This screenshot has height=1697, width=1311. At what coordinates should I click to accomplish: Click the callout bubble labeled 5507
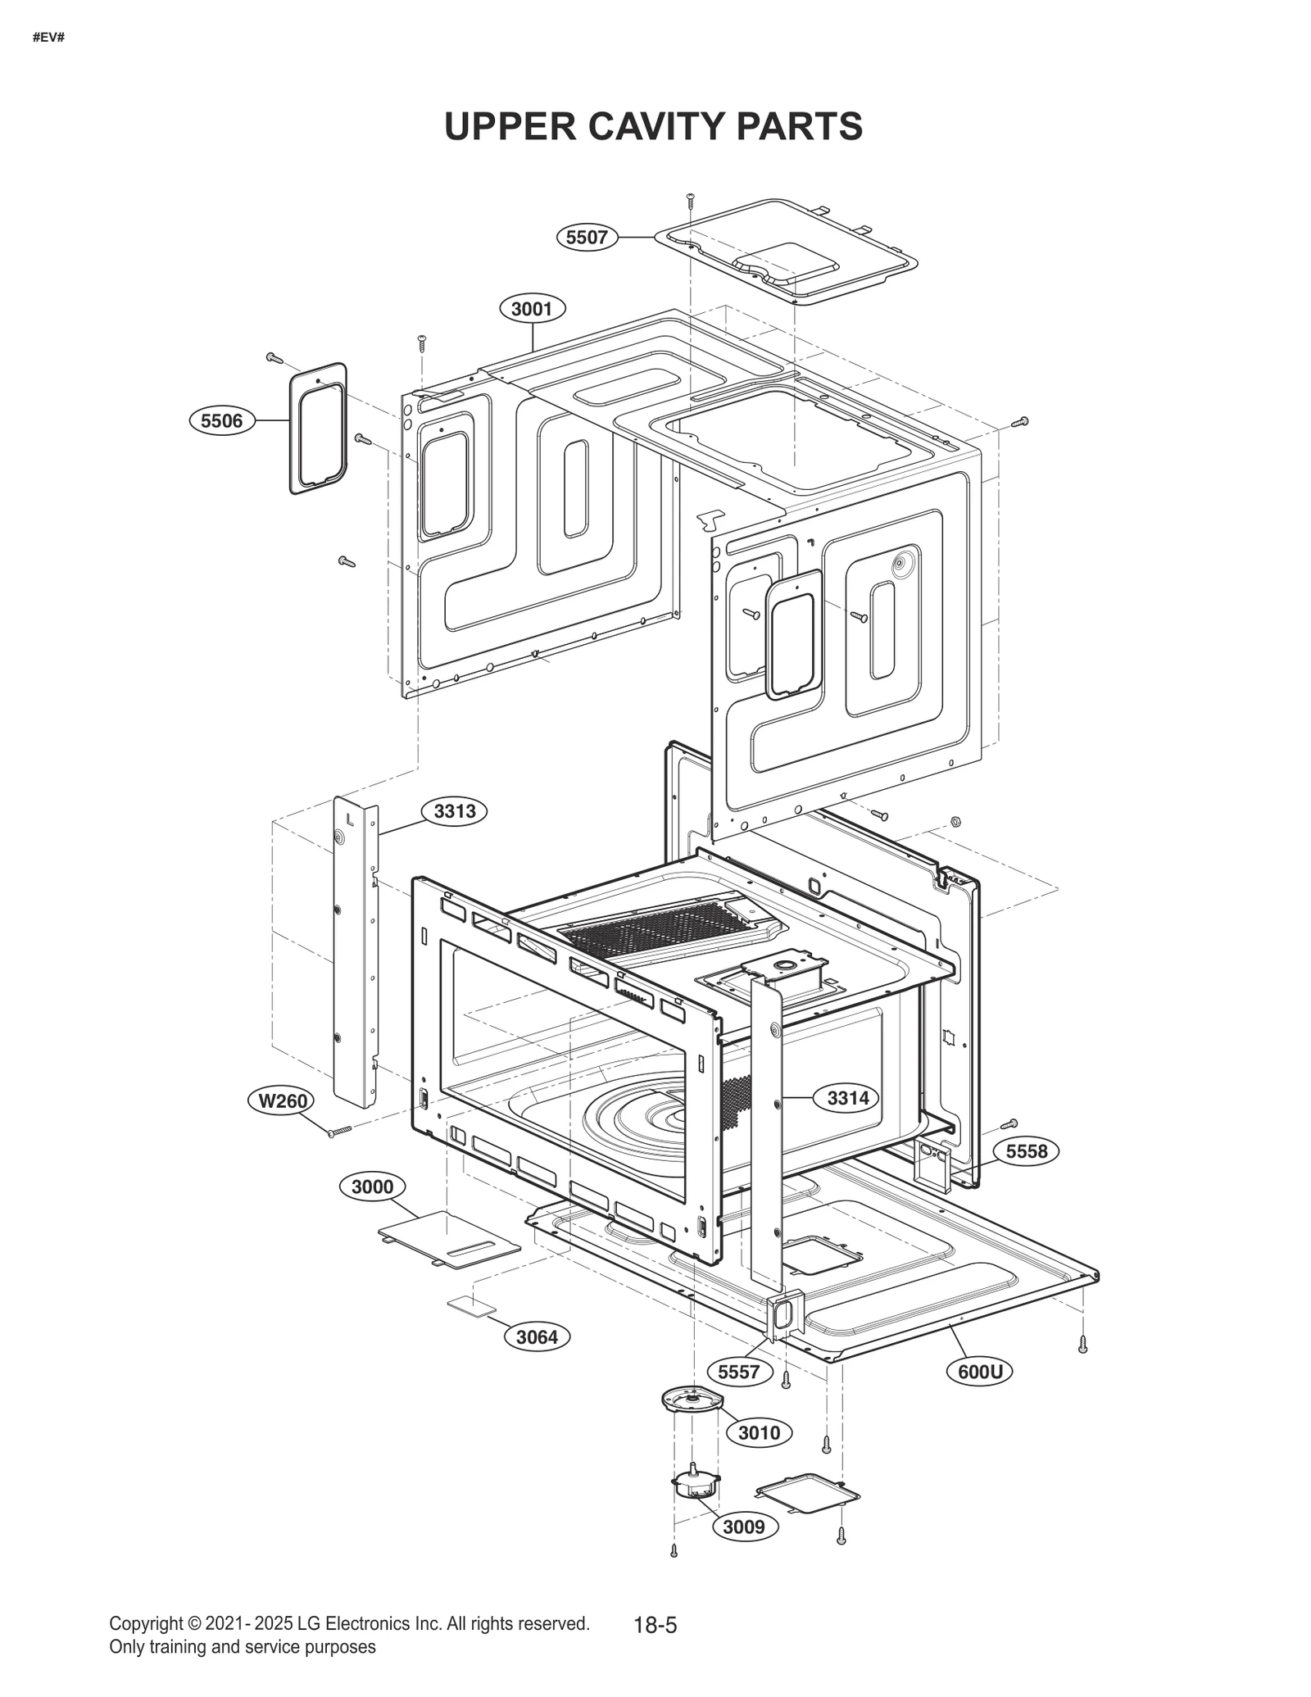[587, 238]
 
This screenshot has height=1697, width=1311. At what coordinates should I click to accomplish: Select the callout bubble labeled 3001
[532, 309]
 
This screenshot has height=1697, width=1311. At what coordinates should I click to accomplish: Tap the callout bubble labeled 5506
[221, 421]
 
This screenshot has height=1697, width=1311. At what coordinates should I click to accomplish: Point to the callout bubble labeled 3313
[454, 811]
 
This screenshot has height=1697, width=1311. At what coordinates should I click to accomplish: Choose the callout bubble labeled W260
[282, 1100]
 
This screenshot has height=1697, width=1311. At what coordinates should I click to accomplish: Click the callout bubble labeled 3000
[372, 1187]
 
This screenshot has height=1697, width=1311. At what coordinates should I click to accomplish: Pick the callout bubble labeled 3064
[537, 1337]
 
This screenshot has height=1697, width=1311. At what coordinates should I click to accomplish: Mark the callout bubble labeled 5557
[738, 1372]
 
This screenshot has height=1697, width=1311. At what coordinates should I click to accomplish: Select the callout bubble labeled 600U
[980, 1372]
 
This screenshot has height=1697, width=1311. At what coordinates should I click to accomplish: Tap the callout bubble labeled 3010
[759, 1432]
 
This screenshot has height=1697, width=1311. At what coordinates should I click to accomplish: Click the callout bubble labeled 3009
[744, 1527]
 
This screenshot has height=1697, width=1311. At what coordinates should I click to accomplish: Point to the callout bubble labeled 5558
[1026, 1151]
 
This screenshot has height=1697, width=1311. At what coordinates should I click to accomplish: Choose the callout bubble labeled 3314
[847, 1098]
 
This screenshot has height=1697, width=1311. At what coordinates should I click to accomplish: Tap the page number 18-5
[655, 1625]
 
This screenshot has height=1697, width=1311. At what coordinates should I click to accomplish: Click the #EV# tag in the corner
[48, 38]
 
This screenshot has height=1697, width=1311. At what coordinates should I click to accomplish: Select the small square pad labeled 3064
[471, 1306]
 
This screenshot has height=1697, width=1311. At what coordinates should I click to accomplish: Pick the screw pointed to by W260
[338, 1132]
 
